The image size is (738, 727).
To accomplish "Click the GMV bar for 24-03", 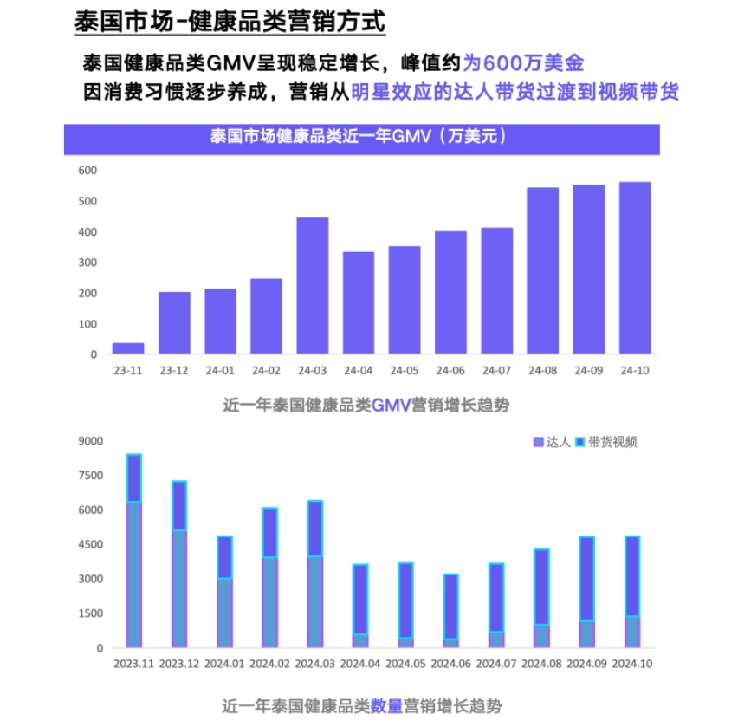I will click(313, 285).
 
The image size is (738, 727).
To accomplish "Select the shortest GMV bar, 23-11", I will click(128, 348).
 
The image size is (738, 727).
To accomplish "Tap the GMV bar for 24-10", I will click(635, 268).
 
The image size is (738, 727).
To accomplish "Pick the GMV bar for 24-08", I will click(543, 270).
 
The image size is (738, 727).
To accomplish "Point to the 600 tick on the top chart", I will click(87, 171).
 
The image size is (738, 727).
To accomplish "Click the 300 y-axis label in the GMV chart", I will click(87, 263).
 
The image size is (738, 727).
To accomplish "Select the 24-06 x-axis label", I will click(450, 371).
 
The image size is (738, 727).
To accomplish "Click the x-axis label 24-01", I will click(220, 371).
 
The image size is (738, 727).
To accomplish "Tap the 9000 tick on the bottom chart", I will click(91, 441).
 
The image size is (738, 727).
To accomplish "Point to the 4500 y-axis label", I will click(91, 545).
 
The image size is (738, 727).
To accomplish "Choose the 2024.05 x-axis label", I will click(405, 665).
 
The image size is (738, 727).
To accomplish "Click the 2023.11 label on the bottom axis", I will click(133, 665).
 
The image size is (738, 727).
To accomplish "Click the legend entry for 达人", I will click(552, 442).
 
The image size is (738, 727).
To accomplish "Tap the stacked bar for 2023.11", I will click(134, 550).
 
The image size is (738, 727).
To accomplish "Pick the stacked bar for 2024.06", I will click(451, 610).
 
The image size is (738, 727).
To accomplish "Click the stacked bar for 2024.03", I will click(315, 574).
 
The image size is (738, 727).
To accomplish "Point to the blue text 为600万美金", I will click(524, 62).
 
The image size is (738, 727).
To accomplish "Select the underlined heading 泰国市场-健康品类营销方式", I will click(230, 21).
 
